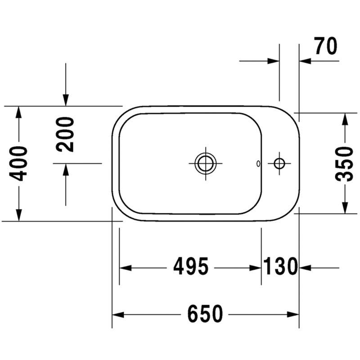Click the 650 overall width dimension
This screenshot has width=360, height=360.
point(205,314)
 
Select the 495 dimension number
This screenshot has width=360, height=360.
point(191,266)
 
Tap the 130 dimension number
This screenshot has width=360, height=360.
point(280,266)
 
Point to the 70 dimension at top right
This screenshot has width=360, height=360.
point(326,46)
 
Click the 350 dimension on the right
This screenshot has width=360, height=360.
point(344,164)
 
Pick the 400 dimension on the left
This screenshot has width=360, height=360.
point(18,163)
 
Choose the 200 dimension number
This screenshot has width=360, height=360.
point(65,135)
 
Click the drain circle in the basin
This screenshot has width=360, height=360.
point(206,163)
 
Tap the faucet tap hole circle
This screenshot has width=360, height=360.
point(279,163)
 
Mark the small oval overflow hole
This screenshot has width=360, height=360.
point(258,163)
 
